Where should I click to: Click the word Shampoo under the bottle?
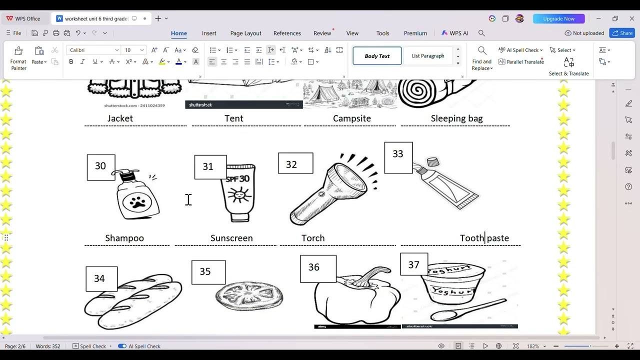[x=124, y=238]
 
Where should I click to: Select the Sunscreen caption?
[x=231, y=238]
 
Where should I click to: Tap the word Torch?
[x=313, y=238]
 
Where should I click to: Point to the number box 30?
[x=100, y=166]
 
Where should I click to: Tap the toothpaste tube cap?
[x=432, y=162]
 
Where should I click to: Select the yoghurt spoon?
[x=467, y=310]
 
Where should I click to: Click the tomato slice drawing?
[x=249, y=296]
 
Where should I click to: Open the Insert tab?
[x=209, y=33]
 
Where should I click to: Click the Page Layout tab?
[x=245, y=33]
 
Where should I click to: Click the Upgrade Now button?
[x=558, y=18]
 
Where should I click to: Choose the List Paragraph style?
[x=428, y=56]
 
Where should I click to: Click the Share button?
[x=622, y=33]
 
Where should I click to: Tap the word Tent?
[x=234, y=118]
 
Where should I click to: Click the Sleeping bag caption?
[x=456, y=118]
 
